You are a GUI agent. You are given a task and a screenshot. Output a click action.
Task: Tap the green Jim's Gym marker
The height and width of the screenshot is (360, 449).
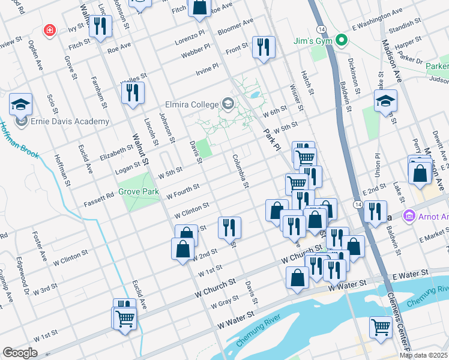(x=342, y=41)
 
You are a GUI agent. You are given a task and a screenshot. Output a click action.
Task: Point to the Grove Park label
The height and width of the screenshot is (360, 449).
(x=138, y=192)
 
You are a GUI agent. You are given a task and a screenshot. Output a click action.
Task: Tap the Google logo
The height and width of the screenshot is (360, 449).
(x=20, y=352)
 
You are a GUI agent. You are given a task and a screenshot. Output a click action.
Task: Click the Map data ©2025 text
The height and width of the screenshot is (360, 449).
(x=423, y=355)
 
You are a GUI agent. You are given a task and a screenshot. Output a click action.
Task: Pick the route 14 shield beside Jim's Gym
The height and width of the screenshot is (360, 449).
(x=323, y=29)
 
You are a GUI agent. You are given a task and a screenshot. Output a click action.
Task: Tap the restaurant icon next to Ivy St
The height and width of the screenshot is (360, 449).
(x=100, y=26)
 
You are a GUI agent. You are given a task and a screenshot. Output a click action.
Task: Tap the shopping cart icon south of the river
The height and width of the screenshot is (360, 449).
(x=381, y=327)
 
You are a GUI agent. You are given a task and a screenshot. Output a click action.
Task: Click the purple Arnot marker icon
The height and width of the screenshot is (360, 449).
(x=410, y=215)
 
